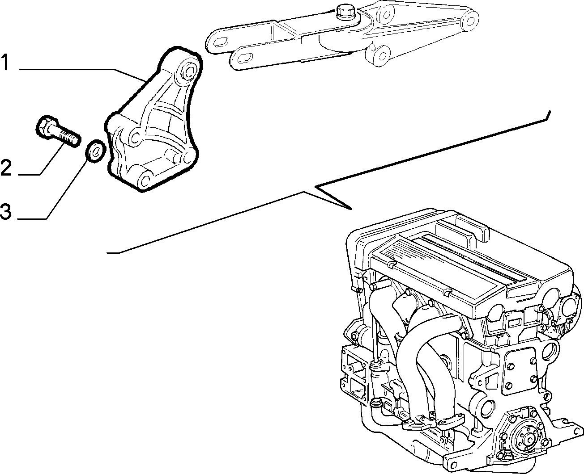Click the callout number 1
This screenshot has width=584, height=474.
coord(6,62)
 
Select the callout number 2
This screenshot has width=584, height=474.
coord(6,168)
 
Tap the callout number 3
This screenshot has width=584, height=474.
coord(6,212)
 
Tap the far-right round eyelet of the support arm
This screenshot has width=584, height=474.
coord(470,21)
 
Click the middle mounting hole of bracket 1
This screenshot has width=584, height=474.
coord(135,138)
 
